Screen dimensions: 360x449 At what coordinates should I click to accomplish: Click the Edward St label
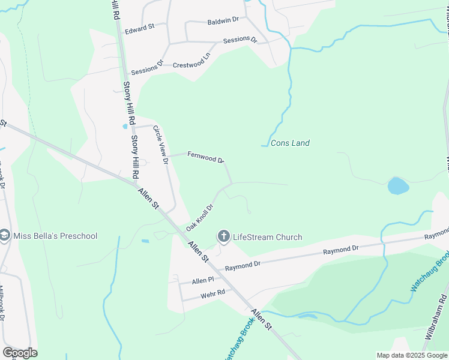139,28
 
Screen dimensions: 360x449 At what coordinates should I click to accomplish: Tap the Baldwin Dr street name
223,20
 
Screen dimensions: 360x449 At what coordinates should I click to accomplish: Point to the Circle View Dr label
160,145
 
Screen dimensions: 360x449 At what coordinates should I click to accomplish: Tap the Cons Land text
290,143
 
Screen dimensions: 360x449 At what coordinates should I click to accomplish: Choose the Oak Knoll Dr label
200,217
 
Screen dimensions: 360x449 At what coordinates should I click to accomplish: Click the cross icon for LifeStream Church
224,236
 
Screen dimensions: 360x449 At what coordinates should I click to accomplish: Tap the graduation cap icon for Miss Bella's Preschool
5,236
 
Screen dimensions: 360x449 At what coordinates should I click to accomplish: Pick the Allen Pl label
203,281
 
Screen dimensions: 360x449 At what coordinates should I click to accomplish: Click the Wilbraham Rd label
436,316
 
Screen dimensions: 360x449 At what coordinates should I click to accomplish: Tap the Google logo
20,352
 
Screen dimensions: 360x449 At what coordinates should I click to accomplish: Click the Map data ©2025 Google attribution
412,355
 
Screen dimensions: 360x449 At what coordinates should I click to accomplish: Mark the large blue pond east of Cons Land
398,186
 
